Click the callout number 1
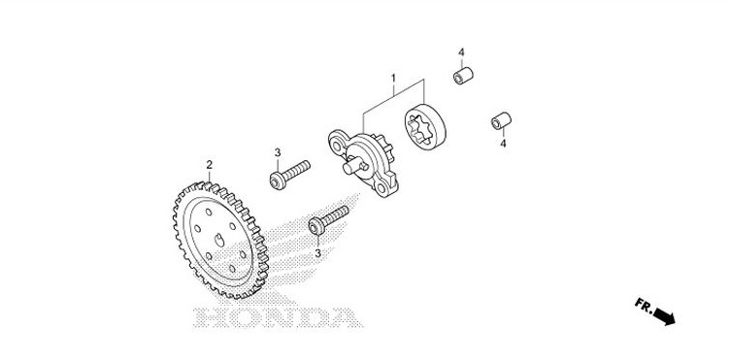click(x=393, y=76)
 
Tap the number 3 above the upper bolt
click(x=277, y=152)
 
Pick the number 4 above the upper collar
click(x=462, y=51)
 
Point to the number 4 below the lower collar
click(x=503, y=144)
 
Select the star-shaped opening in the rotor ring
click(x=423, y=129)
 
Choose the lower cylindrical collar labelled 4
click(x=501, y=121)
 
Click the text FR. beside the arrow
click(x=644, y=304)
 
